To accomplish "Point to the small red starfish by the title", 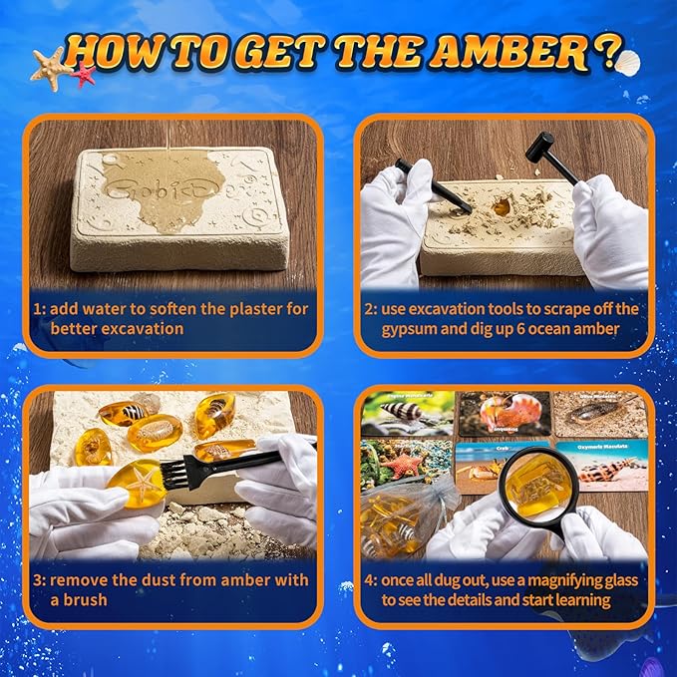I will (x=83, y=74).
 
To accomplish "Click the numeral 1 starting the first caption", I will (x=38, y=309).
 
